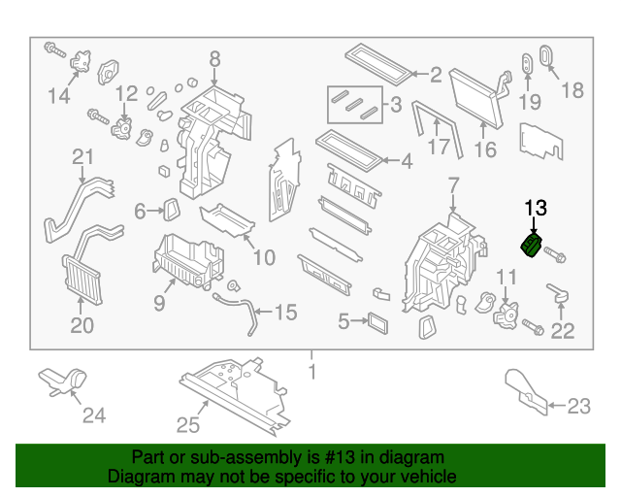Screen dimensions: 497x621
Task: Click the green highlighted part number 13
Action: point(533,247)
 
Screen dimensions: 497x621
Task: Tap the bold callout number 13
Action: point(536,208)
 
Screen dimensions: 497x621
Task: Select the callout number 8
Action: point(214,58)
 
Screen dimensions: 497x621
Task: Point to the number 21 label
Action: point(82,157)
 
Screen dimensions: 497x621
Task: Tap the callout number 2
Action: point(436,74)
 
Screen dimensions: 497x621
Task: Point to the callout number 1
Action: point(311,372)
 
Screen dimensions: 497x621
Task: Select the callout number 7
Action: point(453,185)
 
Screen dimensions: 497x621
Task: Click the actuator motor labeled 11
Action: point(505,314)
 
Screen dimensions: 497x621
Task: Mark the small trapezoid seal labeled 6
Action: point(171,209)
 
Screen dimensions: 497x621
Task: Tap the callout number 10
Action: point(263,257)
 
